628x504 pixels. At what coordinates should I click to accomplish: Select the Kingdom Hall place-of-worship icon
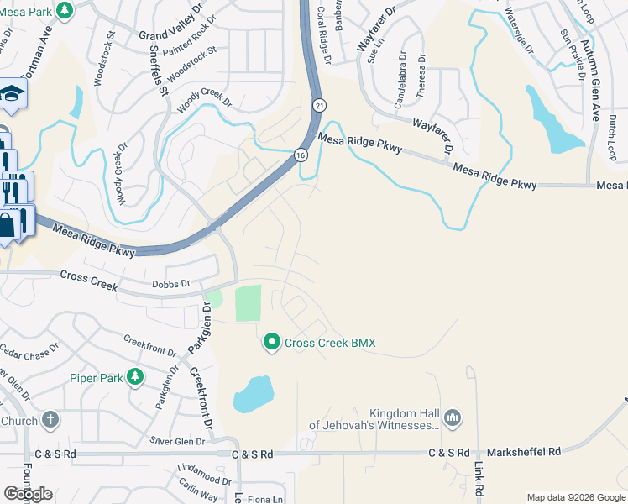tap(453, 417)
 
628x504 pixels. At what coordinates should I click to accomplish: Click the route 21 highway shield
tap(320, 105)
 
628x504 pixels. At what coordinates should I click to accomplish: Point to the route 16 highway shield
tap(300, 155)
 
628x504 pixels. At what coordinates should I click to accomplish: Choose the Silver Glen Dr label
tap(178, 440)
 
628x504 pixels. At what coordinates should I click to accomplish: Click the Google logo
tap(28, 494)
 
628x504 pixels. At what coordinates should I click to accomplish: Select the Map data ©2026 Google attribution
tap(576, 497)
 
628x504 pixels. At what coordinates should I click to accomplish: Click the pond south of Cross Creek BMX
tap(253, 394)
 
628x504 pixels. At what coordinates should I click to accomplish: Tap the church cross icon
tap(50, 419)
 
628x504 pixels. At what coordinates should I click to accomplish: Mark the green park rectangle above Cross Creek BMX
tap(248, 302)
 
